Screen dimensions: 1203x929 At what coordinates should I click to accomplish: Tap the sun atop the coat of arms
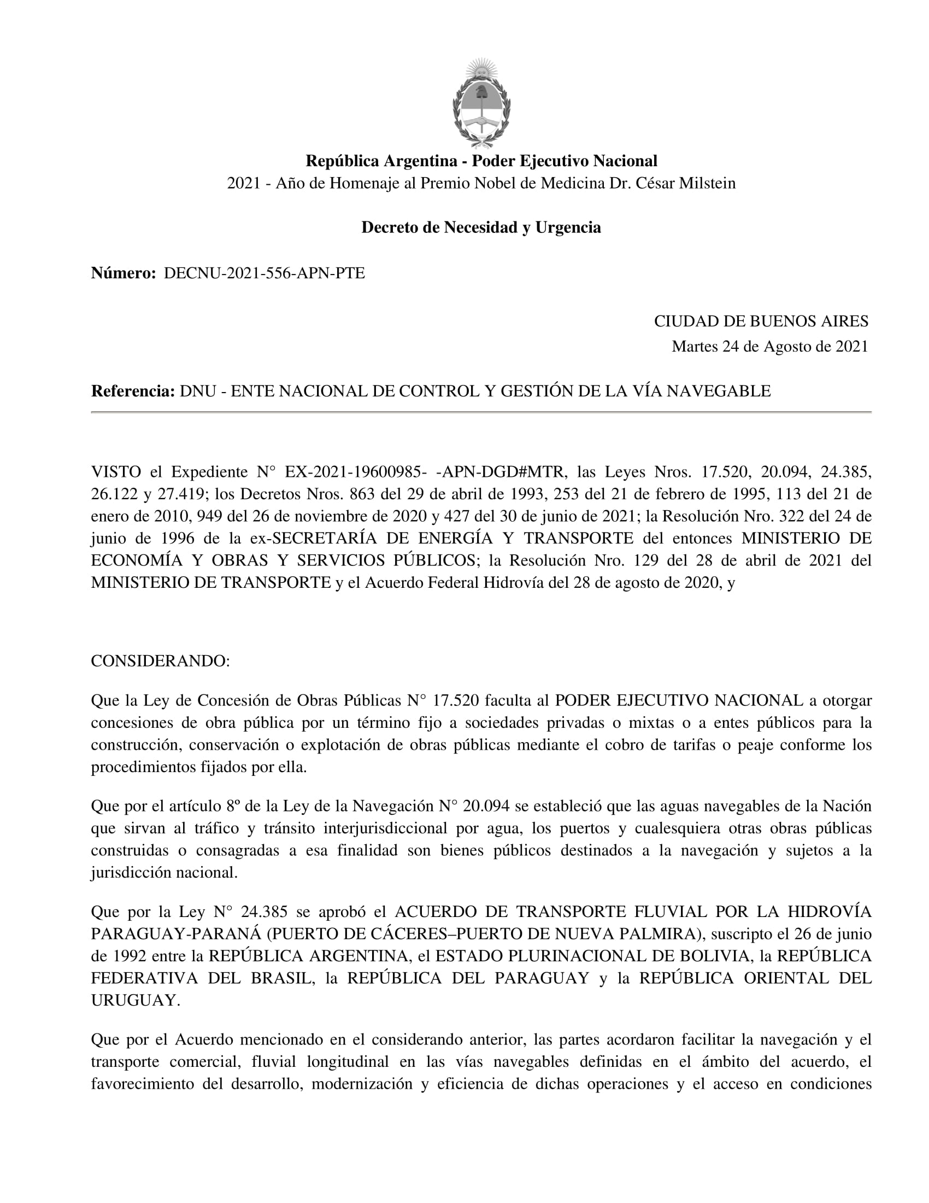point(481,70)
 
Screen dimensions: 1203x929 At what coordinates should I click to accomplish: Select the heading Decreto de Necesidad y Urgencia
point(481,227)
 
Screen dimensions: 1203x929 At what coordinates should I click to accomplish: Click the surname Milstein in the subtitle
point(707,183)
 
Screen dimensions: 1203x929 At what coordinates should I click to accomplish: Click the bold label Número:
point(124,273)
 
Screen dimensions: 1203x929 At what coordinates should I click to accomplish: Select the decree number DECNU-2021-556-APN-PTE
point(264,273)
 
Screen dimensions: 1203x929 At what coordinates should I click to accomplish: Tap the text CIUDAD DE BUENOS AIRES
point(761,321)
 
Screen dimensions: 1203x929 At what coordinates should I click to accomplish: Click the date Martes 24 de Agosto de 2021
point(769,347)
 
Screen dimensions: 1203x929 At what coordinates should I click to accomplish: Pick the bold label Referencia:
point(133,391)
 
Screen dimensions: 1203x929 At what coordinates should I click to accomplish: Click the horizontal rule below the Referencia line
point(481,412)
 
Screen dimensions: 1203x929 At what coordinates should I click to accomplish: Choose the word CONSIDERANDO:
point(160,661)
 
